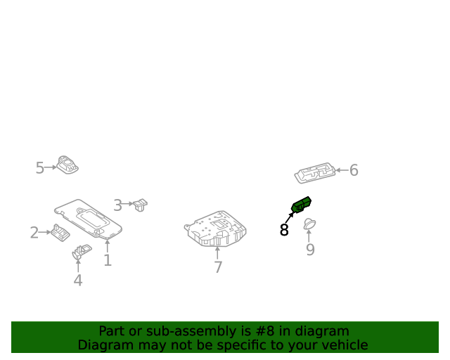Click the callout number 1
(108, 261)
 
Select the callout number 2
(34, 233)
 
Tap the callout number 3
(118, 205)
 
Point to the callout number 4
(78, 281)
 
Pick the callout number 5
(40, 167)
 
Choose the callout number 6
(354, 170)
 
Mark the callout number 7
(218, 267)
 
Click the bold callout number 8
(284, 229)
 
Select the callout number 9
(310, 250)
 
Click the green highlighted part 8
(302, 205)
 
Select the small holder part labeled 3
(141, 205)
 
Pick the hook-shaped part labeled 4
(82, 251)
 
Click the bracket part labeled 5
(67, 165)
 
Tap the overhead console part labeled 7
(215, 229)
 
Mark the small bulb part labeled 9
(309, 224)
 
